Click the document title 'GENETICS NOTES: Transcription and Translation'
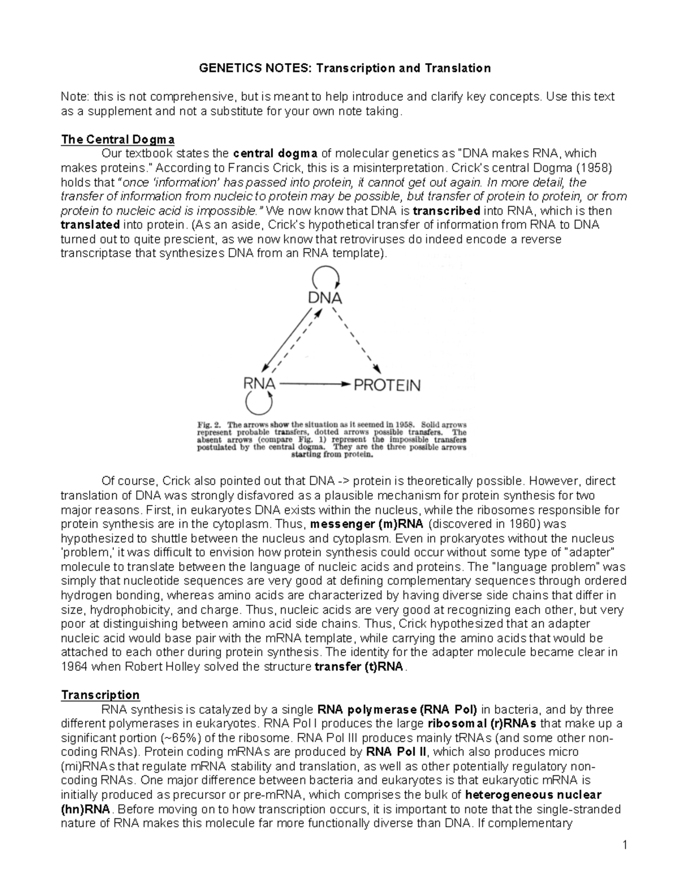[344, 68]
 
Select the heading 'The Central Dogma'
[118, 140]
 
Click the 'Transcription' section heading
[100, 695]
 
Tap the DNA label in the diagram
[325, 298]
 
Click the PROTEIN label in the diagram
[387, 385]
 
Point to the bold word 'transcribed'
[447, 211]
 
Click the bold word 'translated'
[90, 225]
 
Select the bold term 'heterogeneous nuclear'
[533, 795]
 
